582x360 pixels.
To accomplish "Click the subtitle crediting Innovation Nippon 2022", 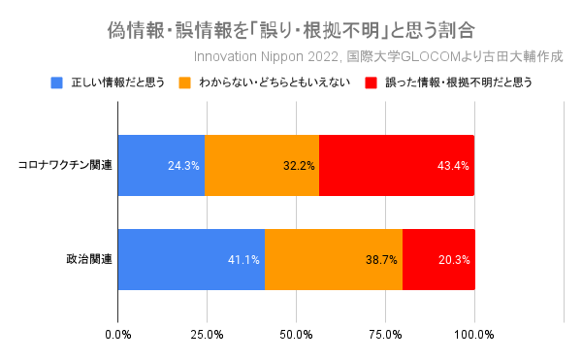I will [378, 55].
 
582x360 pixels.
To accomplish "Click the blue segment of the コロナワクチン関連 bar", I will [161, 165].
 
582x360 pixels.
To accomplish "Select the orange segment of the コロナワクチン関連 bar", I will [262, 165].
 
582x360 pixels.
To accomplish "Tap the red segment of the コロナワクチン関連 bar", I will [397, 165].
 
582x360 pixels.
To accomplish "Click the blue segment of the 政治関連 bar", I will [191, 260].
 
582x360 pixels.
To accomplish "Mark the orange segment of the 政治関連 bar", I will [334, 260].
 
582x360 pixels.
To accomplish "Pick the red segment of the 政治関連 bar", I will [438, 260].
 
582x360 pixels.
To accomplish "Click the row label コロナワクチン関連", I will [65, 165].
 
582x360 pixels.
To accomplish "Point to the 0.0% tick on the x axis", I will [118, 335].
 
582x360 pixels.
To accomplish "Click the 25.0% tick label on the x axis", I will [207, 335].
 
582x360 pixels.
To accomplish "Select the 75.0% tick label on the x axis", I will [385, 335].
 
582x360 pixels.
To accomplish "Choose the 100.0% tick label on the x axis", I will [474, 335].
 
